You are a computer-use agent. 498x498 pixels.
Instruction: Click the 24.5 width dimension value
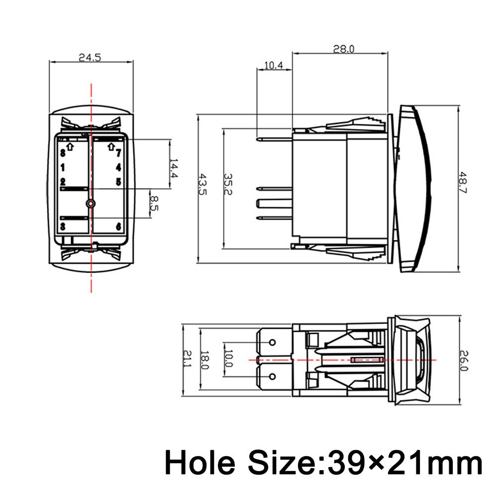(90, 58)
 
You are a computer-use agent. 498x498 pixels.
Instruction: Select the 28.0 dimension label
(343, 49)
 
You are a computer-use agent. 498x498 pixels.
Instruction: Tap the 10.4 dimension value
(274, 65)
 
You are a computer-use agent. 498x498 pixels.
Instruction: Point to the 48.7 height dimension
(463, 182)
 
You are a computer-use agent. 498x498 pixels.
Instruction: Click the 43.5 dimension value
(202, 184)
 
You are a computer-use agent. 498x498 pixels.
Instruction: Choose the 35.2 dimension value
(228, 184)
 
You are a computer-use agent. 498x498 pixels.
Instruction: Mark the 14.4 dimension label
(174, 169)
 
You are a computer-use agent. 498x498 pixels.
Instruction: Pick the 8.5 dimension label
(154, 203)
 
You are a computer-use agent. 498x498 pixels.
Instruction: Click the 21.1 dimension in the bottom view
(188, 359)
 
